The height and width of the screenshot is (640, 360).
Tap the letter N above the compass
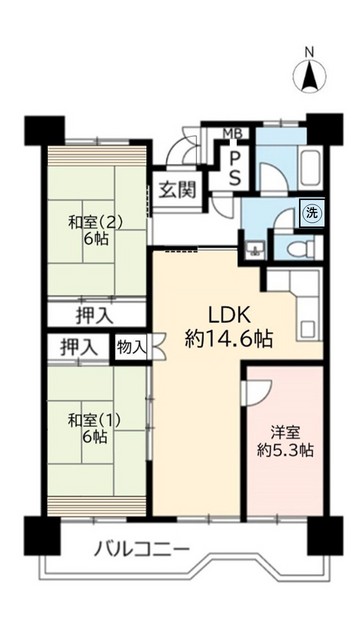tap(310, 52)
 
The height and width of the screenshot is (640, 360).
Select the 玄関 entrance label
tap(176, 190)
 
